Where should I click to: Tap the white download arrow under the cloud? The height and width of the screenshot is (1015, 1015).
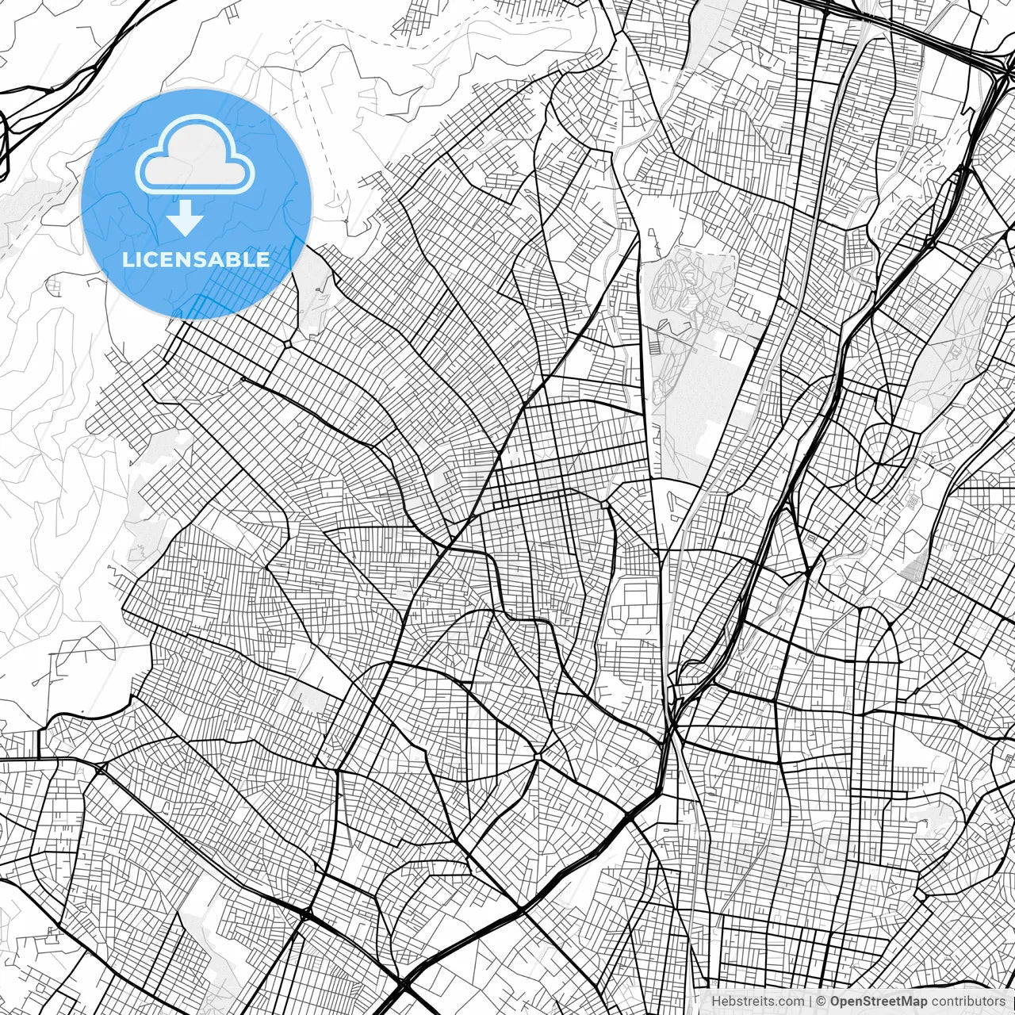click(x=186, y=217)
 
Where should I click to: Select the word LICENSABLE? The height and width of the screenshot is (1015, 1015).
click(x=196, y=259)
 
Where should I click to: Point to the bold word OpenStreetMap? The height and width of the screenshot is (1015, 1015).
click(x=879, y=1002)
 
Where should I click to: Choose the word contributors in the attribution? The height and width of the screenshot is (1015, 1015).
click(x=968, y=1002)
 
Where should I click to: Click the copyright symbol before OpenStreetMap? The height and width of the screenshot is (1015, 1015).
click(x=822, y=1002)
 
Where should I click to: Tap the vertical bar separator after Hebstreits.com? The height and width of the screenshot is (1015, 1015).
click(x=810, y=1002)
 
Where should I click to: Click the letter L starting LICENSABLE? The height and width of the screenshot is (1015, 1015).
click(x=127, y=259)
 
